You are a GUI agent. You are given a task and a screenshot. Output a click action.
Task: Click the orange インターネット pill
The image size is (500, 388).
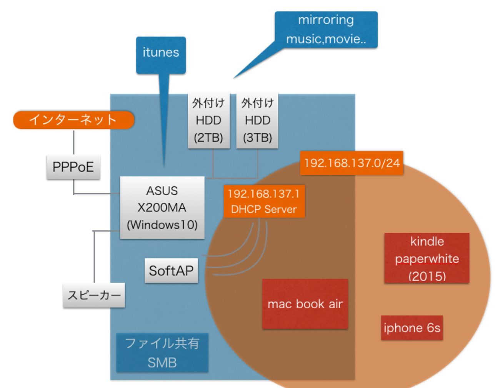(x=73, y=120)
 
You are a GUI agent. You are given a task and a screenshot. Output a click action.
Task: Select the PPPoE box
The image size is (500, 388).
(x=73, y=167)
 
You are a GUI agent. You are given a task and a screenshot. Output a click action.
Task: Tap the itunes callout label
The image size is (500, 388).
(x=161, y=53)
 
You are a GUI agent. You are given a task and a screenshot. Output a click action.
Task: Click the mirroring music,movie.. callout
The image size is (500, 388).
(x=326, y=30)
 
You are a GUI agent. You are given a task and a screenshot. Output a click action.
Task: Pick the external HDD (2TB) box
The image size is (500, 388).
(x=208, y=121)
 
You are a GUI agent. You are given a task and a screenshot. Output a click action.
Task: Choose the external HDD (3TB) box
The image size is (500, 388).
(x=257, y=121)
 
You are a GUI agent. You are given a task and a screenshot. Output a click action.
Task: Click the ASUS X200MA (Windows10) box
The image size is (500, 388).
(x=162, y=208)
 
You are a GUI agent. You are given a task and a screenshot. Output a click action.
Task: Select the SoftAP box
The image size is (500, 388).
(x=171, y=271)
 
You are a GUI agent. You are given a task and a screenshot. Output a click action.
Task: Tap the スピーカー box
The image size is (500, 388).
(x=94, y=296)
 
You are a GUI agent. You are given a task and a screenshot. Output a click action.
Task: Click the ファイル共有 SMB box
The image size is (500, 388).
(x=162, y=353)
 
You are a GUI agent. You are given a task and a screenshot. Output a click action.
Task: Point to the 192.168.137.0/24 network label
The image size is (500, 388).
(x=352, y=163)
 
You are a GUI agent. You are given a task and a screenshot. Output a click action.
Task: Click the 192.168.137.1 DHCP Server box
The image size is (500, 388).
(x=264, y=202)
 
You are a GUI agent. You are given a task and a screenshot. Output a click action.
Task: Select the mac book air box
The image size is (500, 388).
(x=305, y=304)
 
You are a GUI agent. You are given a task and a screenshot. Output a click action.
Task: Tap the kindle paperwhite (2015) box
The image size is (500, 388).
(x=427, y=258)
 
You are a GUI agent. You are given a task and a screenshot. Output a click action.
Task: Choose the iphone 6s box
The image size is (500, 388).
(x=412, y=328)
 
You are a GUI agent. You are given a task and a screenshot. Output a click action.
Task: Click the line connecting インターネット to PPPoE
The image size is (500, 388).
(x=73, y=143)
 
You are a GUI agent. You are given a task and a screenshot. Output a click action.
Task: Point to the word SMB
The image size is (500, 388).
(x=162, y=363)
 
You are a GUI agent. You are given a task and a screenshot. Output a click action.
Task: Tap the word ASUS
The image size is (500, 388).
(x=162, y=191)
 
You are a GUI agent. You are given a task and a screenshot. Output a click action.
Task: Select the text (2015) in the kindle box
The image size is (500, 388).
(x=427, y=276)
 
